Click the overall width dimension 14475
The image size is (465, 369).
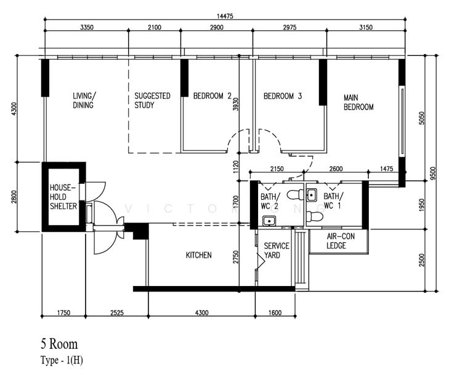click(225, 16)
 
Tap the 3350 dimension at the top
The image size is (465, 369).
click(87, 27)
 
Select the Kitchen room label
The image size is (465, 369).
click(199, 255)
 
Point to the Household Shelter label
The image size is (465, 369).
click(63, 197)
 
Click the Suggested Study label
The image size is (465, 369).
click(152, 100)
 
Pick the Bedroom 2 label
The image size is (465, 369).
click(212, 96)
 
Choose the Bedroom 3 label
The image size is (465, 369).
click(283, 96)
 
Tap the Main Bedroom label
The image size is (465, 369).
click(358, 102)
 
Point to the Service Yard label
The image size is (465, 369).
click(277, 250)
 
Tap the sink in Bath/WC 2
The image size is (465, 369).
click(269, 221)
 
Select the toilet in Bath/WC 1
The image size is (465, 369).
click(314, 216)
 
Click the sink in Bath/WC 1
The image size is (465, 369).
click(312, 196)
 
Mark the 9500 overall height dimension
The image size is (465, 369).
click(433, 173)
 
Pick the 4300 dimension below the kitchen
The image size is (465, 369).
click(201, 313)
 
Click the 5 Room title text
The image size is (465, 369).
click(59, 344)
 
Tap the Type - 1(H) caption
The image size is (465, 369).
click(62, 360)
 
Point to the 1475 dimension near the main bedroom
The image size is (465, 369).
click(386, 169)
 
